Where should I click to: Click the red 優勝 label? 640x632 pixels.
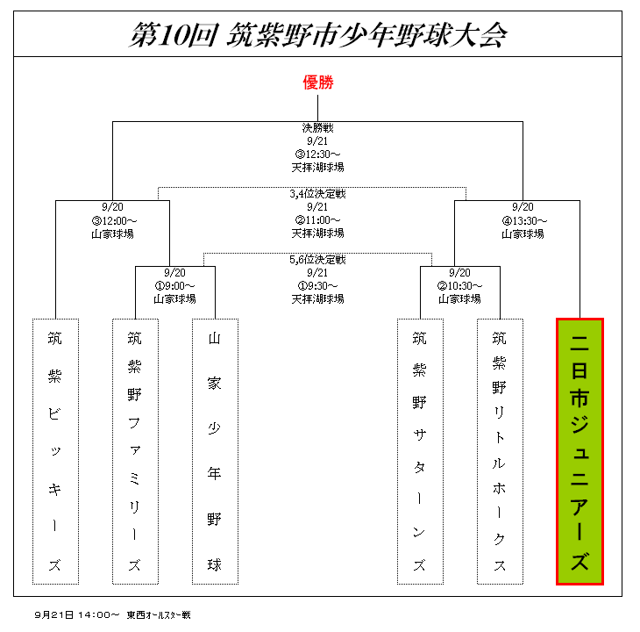click(x=318, y=83)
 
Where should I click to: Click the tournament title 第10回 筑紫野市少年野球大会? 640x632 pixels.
click(x=318, y=35)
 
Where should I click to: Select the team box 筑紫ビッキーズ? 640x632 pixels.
click(x=55, y=451)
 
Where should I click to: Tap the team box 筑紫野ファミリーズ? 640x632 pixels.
click(x=135, y=451)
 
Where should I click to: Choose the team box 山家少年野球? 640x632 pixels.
click(x=215, y=451)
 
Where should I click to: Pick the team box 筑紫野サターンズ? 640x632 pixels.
click(x=420, y=451)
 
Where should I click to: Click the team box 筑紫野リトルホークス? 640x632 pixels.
click(x=500, y=451)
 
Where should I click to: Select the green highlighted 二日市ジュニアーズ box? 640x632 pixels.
click(x=580, y=451)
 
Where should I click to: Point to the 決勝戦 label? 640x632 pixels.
click(x=318, y=128)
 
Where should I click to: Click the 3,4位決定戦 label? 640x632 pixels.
click(x=318, y=194)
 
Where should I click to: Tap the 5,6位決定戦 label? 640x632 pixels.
click(x=318, y=260)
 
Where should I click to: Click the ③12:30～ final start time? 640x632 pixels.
click(x=318, y=154)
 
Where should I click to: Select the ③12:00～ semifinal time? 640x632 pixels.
click(x=114, y=221)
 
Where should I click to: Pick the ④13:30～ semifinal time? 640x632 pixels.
click(x=524, y=221)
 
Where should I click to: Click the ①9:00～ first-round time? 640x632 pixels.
click(x=174, y=286)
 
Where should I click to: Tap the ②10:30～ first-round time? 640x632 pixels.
click(x=459, y=286)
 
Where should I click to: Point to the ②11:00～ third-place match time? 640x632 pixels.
click(x=318, y=220)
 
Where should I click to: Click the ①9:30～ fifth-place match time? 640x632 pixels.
click(x=318, y=286)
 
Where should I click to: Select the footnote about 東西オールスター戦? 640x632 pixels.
click(x=112, y=614)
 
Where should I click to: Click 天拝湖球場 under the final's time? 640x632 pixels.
click(x=318, y=168)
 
